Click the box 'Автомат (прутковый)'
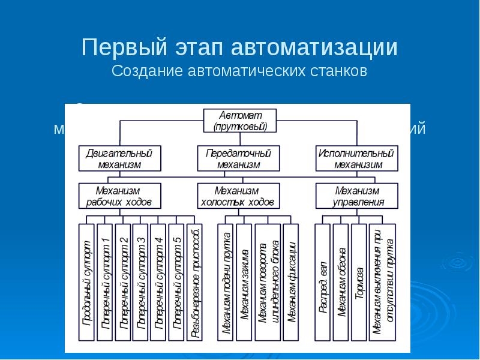coord(239,120)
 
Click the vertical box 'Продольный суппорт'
coord(86,282)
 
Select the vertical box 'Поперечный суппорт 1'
coord(104,282)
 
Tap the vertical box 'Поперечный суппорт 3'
coord(140,282)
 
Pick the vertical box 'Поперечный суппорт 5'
coord(176,282)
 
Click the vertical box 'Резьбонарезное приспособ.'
coord(194,282)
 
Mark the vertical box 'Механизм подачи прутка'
coord(226,282)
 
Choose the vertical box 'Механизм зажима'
coord(244,282)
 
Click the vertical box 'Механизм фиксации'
coord(290,282)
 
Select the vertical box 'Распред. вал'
coord(323,282)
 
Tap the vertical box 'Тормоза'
coord(359,282)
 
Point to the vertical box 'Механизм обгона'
coord(341,282)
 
